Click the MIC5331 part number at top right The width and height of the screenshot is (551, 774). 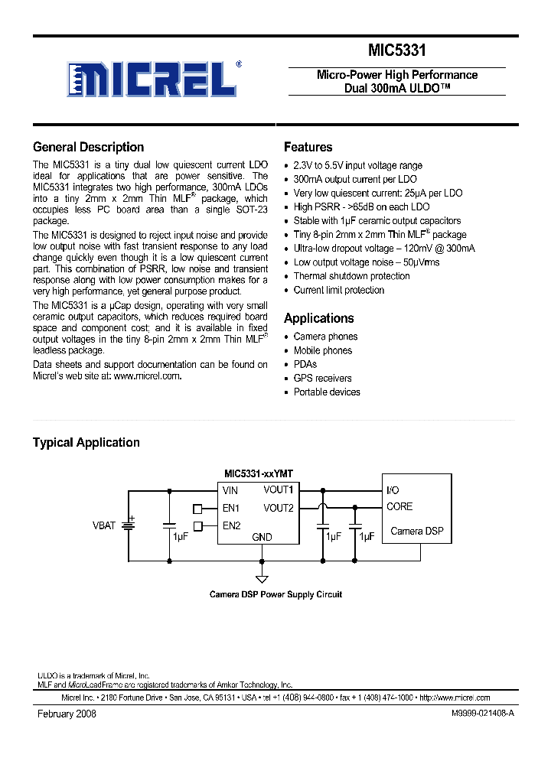click(396, 50)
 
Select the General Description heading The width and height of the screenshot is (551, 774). click(88, 148)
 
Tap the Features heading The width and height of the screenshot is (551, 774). click(308, 148)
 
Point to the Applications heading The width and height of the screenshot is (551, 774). click(318, 318)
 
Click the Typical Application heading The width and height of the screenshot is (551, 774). click(86, 443)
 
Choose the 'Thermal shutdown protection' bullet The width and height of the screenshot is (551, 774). click(351, 276)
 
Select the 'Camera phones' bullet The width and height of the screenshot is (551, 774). click(325, 337)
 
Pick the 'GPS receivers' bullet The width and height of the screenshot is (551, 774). click(322, 378)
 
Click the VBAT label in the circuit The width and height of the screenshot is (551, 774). click(103, 525)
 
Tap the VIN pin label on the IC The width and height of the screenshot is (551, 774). click(230, 490)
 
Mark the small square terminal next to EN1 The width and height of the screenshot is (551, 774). click(197, 508)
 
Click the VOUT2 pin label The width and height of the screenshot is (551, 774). click(279, 508)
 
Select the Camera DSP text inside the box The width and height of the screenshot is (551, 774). click(416, 531)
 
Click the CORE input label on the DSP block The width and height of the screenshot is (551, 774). click(399, 506)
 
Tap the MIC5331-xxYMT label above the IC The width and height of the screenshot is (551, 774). click(257, 473)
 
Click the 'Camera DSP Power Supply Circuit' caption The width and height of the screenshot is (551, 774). click(275, 594)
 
